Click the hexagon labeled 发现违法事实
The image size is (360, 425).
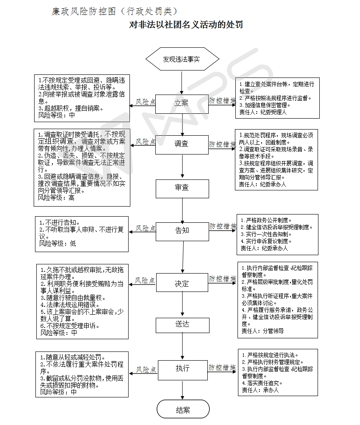tap(182, 59)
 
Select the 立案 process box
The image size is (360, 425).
tap(182, 103)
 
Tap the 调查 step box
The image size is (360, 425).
tap(182, 144)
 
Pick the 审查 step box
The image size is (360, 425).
tap(182, 188)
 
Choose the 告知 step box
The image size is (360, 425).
tap(182, 230)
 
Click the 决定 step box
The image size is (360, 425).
tap(182, 283)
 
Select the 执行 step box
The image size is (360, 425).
tap(182, 368)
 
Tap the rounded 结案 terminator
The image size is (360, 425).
tap(182, 410)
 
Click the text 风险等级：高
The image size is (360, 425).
tap(56, 198)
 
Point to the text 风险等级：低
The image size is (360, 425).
tap(58, 243)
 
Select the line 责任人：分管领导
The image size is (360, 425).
tap(262, 331)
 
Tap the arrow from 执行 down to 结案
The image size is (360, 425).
tap(182, 391)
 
